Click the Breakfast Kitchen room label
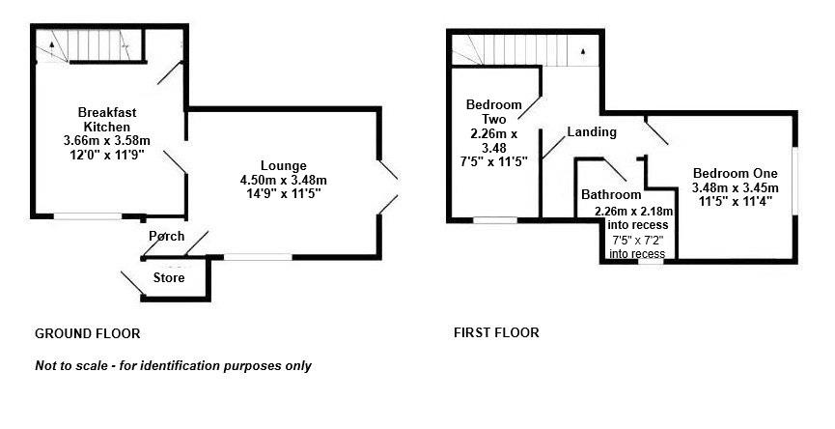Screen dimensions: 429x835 point(108,120)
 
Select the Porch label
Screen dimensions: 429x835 point(167,237)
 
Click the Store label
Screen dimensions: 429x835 point(169,278)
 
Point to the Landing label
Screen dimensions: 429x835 point(592,131)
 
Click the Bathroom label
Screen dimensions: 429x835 point(611,195)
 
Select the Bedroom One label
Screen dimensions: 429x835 point(735,173)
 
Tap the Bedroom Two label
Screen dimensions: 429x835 point(493,111)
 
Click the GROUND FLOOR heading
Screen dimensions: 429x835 point(88,333)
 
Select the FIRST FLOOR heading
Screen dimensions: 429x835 point(496,333)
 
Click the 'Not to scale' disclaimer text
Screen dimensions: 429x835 point(173,366)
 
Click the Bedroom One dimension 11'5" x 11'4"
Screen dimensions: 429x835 point(735,202)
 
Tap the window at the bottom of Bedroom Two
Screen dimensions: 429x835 point(493,220)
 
